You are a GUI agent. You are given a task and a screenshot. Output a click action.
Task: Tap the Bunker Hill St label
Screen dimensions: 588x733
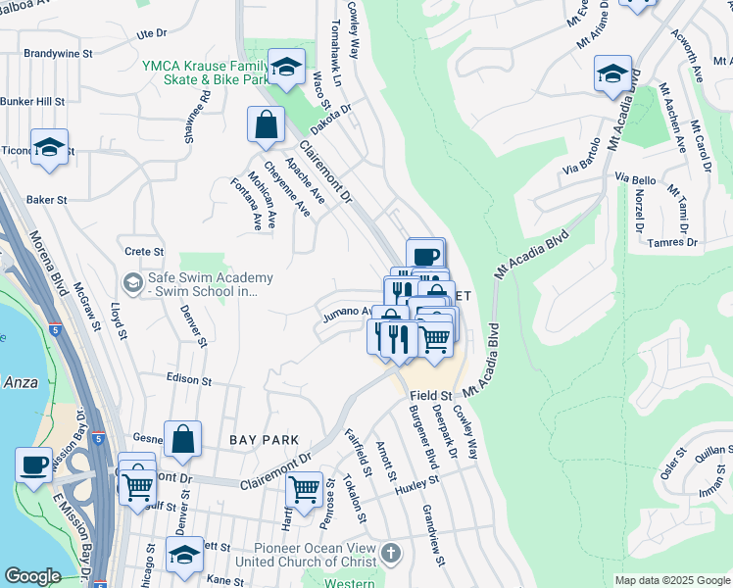point(32,101)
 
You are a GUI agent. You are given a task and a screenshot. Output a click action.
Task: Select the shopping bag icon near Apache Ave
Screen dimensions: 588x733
point(266,125)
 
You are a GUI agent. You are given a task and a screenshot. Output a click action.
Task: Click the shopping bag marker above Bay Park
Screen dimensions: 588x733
point(182,441)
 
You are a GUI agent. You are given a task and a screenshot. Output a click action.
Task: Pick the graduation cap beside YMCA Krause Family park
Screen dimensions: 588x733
point(285,69)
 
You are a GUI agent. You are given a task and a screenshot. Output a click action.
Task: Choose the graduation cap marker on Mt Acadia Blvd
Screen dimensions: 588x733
point(612,75)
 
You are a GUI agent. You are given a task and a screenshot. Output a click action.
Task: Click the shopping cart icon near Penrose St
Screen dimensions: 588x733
point(305,487)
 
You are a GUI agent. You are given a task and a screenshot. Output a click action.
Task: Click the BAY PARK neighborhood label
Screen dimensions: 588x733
point(257,441)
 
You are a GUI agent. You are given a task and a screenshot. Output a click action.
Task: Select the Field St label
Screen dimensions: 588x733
point(428,395)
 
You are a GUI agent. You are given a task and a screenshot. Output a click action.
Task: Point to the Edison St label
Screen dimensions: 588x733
point(188,379)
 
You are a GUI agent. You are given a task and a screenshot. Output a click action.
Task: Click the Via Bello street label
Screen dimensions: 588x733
point(635,179)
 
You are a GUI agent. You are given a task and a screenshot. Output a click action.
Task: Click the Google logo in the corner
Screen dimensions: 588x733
point(32,576)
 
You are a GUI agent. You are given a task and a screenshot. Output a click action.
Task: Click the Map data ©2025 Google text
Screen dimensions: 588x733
point(672,580)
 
